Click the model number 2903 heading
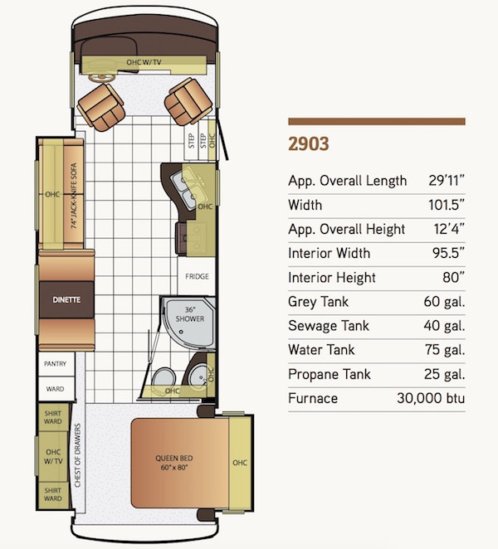pyautogui.click(x=309, y=144)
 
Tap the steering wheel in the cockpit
pyautogui.click(x=100, y=78)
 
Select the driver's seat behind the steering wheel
pyautogui.click(x=101, y=108)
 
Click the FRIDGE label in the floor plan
pyautogui.click(x=197, y=276)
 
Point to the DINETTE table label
pyautogui.click(x=66, y=299)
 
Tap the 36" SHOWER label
pyautogui.click(x=190, y=314)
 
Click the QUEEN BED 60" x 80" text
pyautogui.click(x=174, y=463)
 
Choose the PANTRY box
pyautogui.click(x=56, y=364)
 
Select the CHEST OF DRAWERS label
pyautogui.click(x=77, y=455)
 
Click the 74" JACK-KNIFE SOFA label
pyautogui.click(x=74, y=196)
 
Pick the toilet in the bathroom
pyautogui.click(x=164, y=377)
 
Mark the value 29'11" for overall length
pyautogui.click(x=447, y=181)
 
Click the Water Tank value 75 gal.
pyautogui.click(x=445, y=350)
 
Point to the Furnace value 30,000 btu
pyautogui.click(x=431, y=398)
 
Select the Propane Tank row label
pyautogui.click(x=329, y=374)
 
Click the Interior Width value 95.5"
pyautogui.click(x=448, y=253)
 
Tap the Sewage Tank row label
pyautogui.click(x=329, y=326)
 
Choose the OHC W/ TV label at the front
pyautogui.click(x=144, y=62)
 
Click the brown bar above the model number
pyautogui.click(x=377, y=122)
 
